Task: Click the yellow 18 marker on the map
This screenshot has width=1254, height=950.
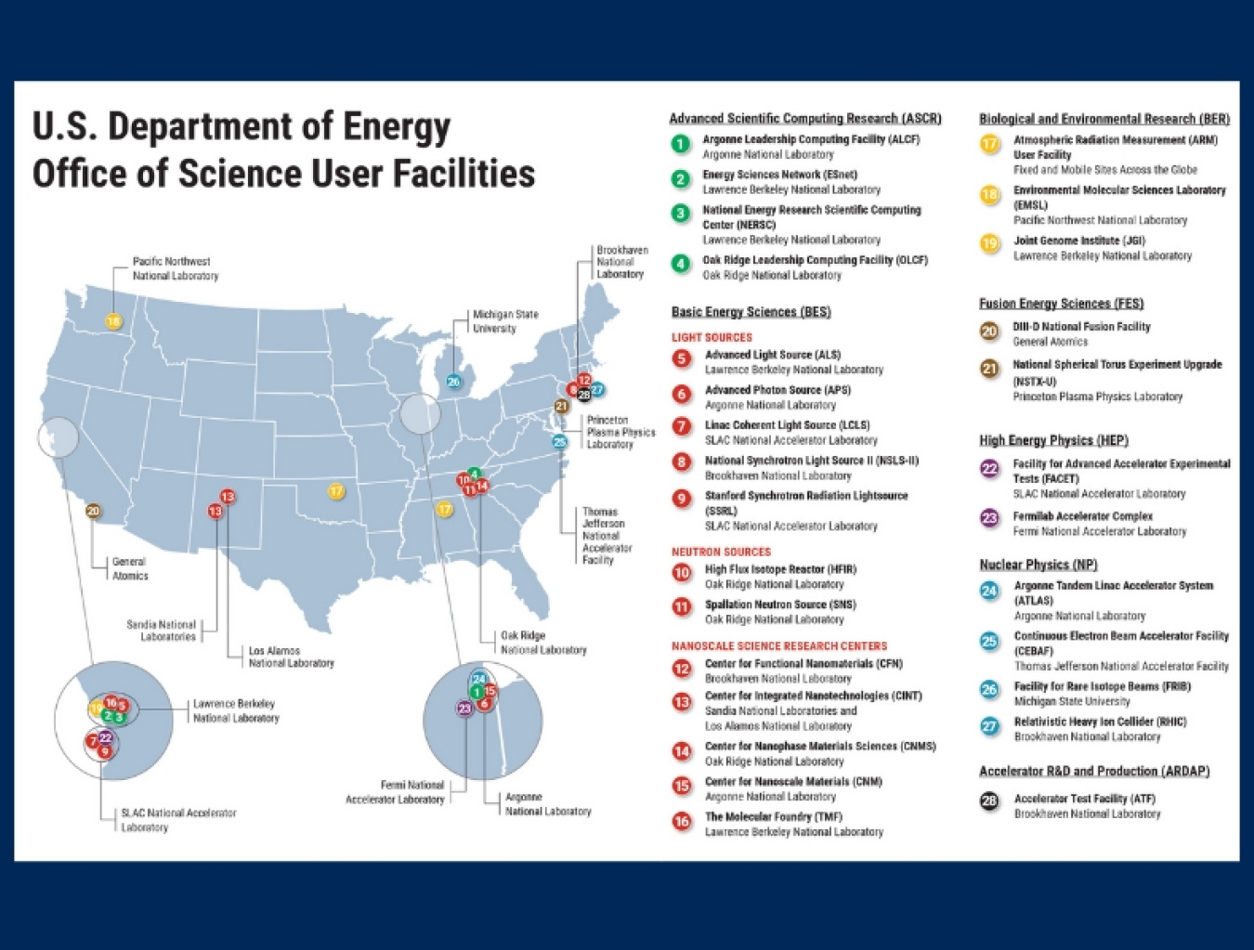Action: [x=113, y=322]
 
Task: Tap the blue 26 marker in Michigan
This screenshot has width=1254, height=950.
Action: [x=453, y=381]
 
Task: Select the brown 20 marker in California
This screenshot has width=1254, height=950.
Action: [x=93, y=511]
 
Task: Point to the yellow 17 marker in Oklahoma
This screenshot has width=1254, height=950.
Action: [x=336, y=490]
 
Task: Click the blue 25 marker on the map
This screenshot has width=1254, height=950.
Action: [x=559, y=441]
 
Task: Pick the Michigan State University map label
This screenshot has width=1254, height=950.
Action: [x=505, y=321]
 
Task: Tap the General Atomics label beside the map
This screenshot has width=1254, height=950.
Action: [x=129, y=568]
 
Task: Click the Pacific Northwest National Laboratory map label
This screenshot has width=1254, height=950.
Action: [x=175, y=268]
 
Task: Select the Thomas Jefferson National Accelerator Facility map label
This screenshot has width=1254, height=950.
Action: [x=607, y=536]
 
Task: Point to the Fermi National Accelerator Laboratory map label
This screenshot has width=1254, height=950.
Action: [x=396, y=792]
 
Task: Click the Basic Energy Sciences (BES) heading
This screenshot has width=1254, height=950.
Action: [x=751, y=312]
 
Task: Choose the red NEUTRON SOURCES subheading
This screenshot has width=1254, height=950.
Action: [x=721, y=552]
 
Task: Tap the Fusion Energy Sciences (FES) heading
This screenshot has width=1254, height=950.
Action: [x=1061, y=304]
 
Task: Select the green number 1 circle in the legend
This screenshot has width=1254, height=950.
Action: [x=681, y=144]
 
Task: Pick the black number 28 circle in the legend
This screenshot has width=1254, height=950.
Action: [x=990, y=800]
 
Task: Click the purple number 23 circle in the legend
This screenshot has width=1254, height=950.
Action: [x=990, y=518]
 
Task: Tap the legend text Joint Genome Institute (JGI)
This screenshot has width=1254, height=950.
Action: [x=1079, y=241]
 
